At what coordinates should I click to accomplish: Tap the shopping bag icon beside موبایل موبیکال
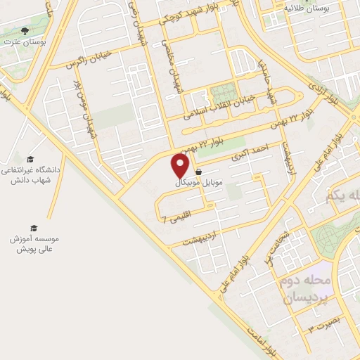tap(199, 171)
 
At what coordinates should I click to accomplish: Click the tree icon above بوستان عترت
tap(26, 32)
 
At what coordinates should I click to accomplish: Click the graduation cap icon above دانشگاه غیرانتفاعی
tap(30, 159)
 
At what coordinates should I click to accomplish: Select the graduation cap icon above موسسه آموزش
tap(33, 228)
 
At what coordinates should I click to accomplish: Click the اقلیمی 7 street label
tap(175, 219)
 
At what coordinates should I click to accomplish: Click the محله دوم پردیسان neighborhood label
tap(307, 289)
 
